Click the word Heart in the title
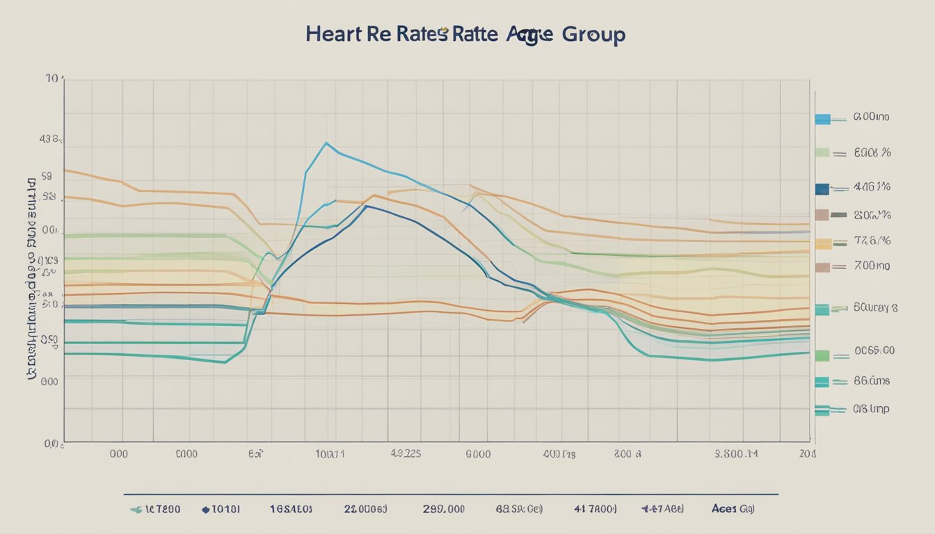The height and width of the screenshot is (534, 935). pyautogui.click(x=332, y=35)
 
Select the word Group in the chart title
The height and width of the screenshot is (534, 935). pyautogui.click(x=593, y=35)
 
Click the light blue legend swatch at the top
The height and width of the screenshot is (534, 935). pyautogui.click(x=822, y=119)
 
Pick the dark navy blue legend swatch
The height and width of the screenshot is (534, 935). pyautogui.click(x=822, y=188)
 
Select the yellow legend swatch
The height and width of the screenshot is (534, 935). pyautogui.click(x=822, y=243)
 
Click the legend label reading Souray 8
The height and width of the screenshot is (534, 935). pyautogui.click(x=874, y=307)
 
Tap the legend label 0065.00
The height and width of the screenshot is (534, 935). pyautogui.click(x=874, y=352)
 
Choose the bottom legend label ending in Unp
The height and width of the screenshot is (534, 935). pyautogui.click(x=871, y=409)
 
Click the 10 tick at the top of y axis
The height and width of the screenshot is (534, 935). pyautogui.click(x=52, y=79)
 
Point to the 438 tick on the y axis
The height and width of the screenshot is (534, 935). pyautogui.click(x=50, y=140)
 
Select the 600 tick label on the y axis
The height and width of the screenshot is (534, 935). pyautogui.click(x=49, y=381)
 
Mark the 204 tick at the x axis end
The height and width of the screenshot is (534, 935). pyautogui.click(x=808, y=454)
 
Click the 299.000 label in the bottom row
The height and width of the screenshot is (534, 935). pyautogui.click(x=443, y=508)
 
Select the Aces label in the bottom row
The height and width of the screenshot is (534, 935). pyautogui.click(x=724, y=508)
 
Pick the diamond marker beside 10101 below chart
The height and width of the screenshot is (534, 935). pyautogui.click(x=205, y=509)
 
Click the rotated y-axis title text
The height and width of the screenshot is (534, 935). pyautogui.click(x=31, y=278)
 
